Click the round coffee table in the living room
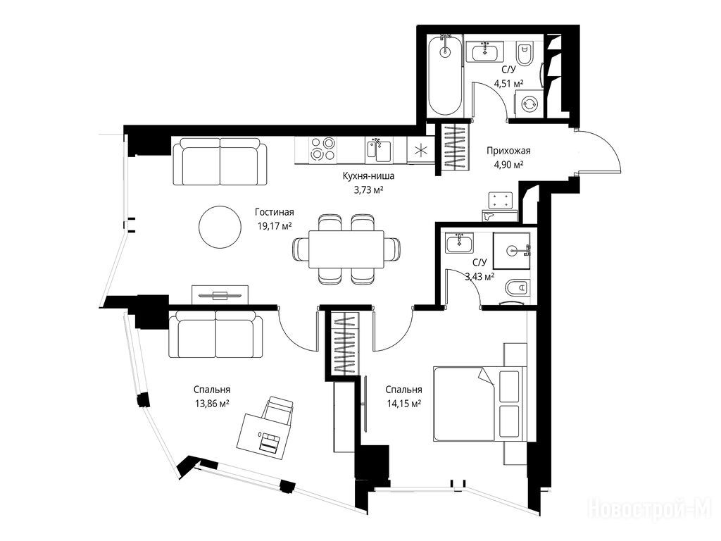[220, 227]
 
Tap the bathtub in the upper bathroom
[445, 76]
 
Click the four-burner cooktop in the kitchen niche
[322, 149]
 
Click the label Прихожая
[508, 151]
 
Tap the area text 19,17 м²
[275, 225]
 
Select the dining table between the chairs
[346, 249]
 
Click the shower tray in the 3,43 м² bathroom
[511, 251]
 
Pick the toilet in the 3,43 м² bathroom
[518, 288]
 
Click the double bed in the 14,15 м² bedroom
[479, 404]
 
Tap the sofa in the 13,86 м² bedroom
[215, 334]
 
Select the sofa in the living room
[220, 161]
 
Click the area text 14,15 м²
[403, 404]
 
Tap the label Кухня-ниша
[368, 175]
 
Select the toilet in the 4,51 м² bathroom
[525, 54]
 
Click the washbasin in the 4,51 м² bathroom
[484, 51]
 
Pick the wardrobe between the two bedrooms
[344, 343]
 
